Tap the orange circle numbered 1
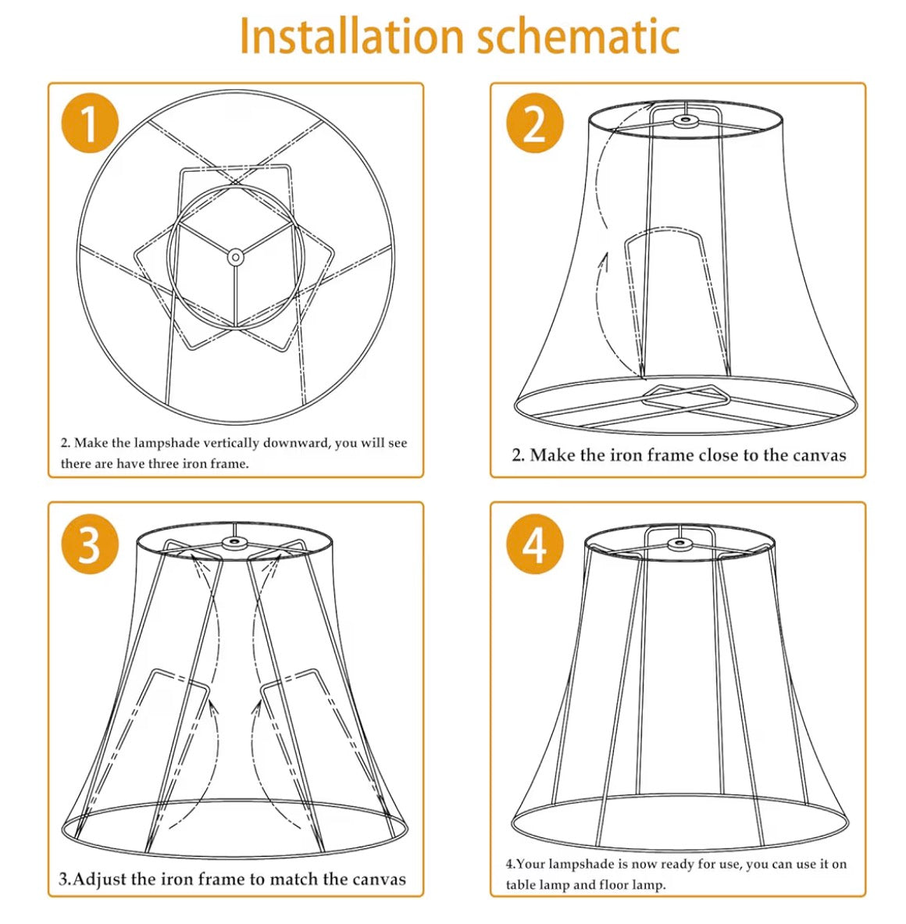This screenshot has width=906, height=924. [x=89, y=124]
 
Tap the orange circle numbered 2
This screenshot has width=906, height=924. [x=534, y=124]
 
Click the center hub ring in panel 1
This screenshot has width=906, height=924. [x=234, y=256]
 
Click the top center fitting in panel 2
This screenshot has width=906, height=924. [x=686, y=121]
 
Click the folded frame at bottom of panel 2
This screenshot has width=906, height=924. [x=686, y=399]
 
